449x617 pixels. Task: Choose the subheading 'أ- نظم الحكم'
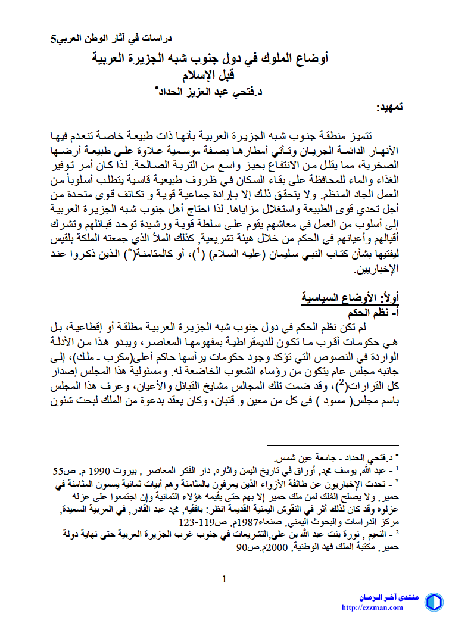pos(372,311)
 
